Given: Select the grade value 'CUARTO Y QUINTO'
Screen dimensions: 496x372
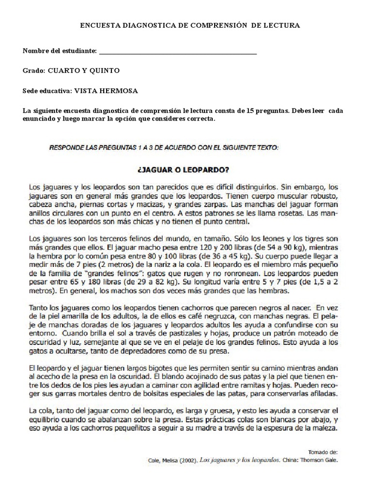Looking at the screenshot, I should [x=83, y=71].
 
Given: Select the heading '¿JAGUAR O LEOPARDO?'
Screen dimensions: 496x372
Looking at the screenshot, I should [x=186, y=170].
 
